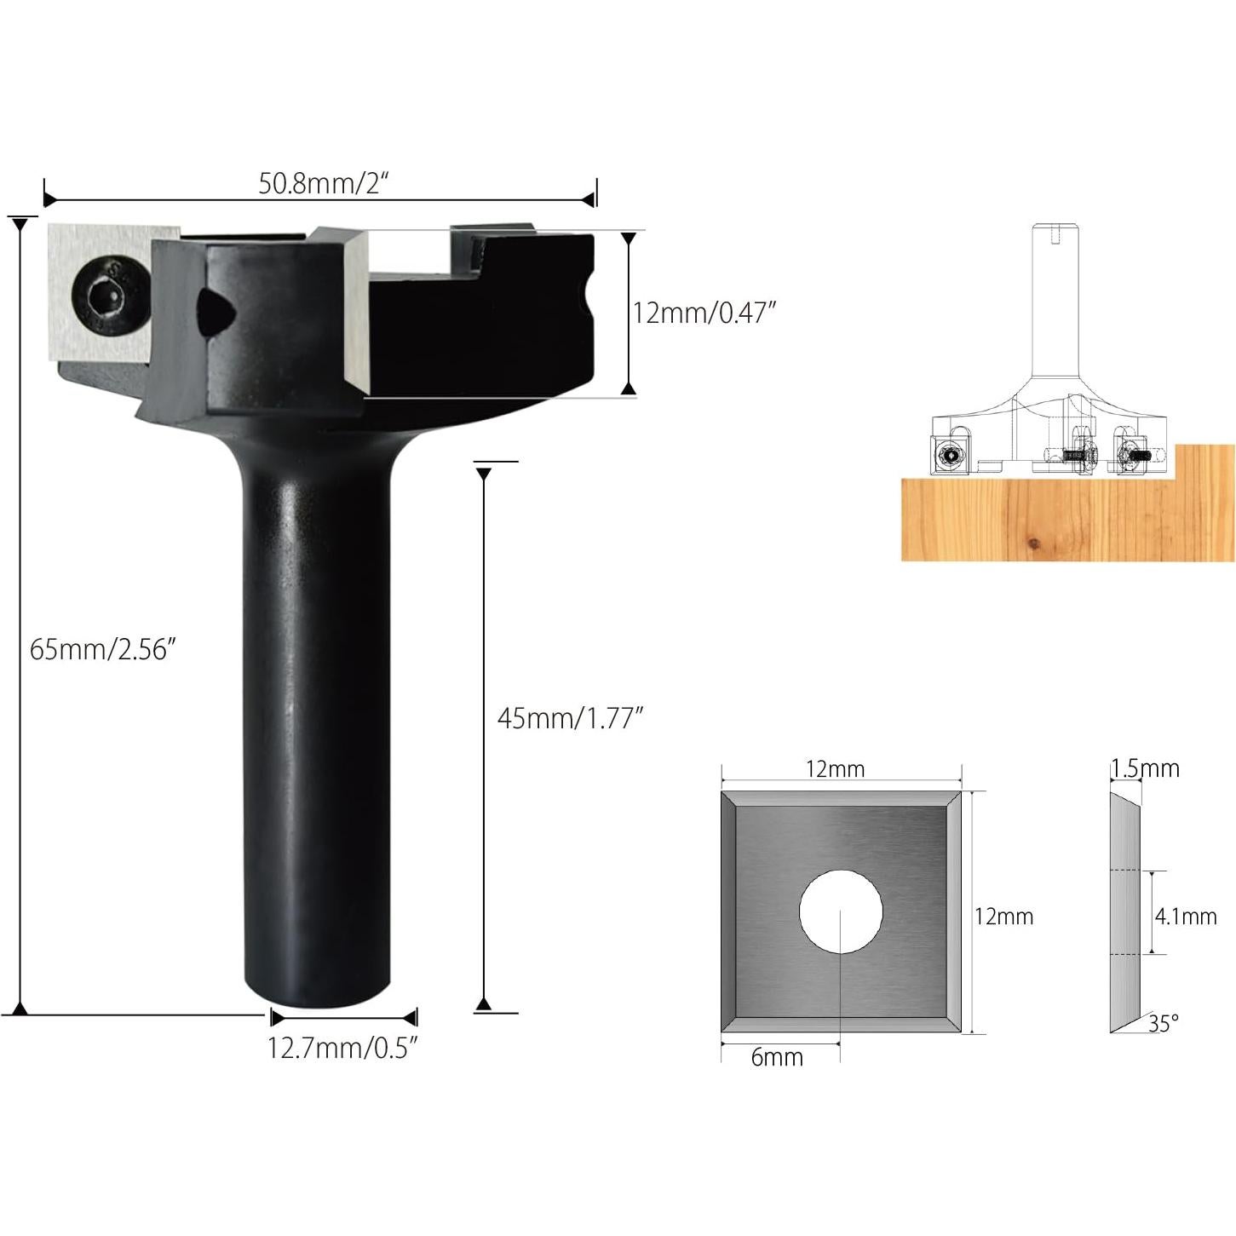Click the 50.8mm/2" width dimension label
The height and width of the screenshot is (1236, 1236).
click(x=323, y=183)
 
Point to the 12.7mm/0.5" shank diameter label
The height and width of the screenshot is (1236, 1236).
click(x=342, y=1048)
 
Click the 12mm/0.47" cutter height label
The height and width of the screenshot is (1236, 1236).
click(x=704, y=313)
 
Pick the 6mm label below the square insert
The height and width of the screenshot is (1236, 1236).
click(x=777, y=1057)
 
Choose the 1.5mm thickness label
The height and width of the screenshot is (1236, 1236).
click(x=1145, y=768)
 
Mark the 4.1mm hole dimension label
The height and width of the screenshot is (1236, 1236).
click(x=1186, y=917)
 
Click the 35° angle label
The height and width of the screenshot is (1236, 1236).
click(x=1164, y=1023)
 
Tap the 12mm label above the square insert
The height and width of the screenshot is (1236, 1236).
click(x=835, y=769)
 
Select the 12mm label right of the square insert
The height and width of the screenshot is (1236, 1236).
click(x=1003, y=917)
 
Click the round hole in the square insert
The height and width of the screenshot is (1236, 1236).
click(x=841, y=911)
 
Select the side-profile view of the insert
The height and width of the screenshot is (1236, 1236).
click(x=1125, y=911)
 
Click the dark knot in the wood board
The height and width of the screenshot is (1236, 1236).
click(x=1033, y=543)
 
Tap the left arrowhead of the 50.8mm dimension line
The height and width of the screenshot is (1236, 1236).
click(x=49, y=200)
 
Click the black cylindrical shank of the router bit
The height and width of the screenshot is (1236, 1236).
click(x=317, y=724)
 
